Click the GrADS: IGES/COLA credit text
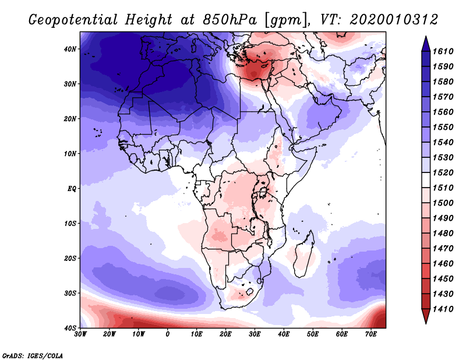tap(32, 355)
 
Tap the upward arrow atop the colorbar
tap(426, 40)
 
